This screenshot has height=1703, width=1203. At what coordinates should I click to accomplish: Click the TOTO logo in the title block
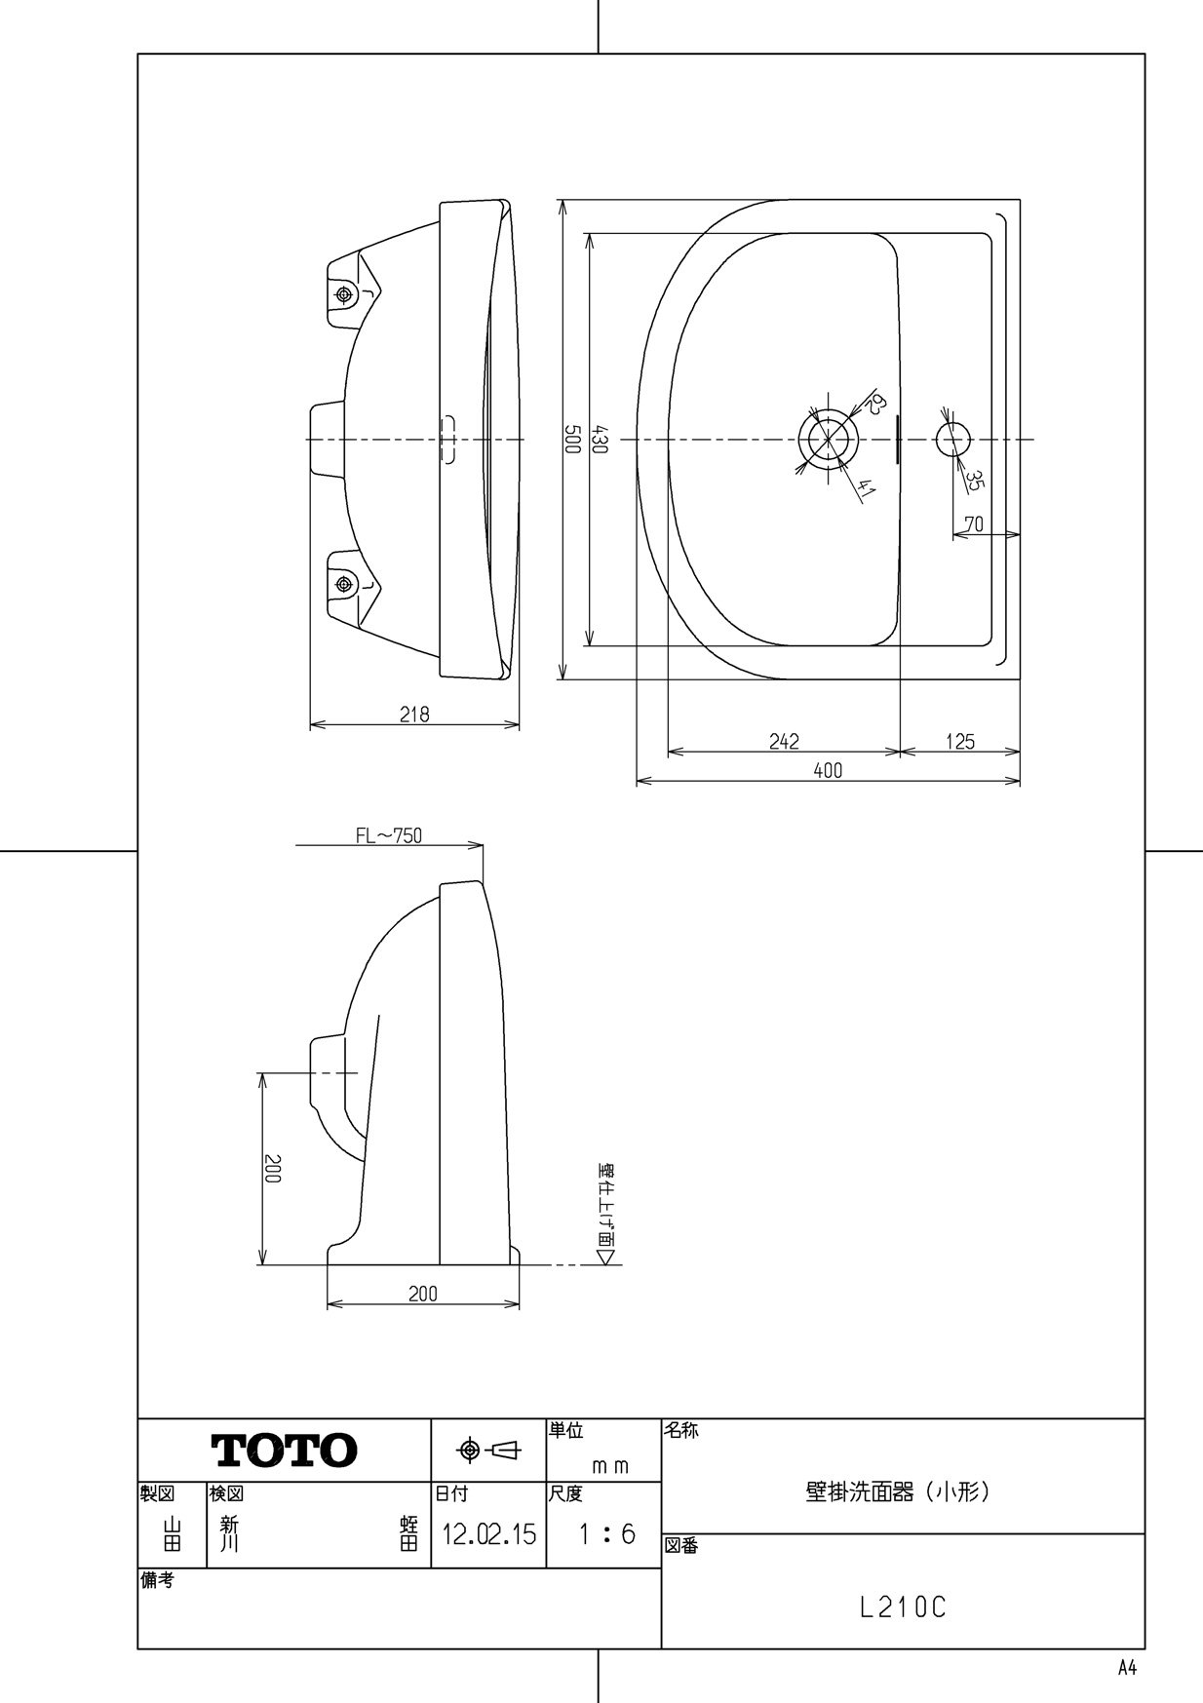(x=284, y=1451)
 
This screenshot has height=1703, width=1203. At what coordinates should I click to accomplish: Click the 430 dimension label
(x=601, y=440)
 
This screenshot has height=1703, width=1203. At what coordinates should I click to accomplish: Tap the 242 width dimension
(x=783, y=742)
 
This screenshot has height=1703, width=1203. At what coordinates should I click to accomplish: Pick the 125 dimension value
(x=959, y=742)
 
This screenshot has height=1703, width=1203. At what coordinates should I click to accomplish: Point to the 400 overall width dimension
(x=827, y=771)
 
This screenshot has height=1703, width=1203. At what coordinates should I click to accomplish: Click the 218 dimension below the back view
(x=414, y=715)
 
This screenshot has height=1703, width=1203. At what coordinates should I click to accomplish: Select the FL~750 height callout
(x=388, y=835)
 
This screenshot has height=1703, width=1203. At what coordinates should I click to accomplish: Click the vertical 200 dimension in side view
(x=274, y=1169)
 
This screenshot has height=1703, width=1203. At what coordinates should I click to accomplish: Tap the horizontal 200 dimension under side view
(x=422, y=1294)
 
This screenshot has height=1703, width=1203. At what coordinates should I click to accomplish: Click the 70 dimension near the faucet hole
(x=973, y=524)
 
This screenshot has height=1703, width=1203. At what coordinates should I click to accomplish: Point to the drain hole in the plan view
(x=828, y=439)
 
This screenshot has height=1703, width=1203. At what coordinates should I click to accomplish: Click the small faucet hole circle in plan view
(x=953, y=439)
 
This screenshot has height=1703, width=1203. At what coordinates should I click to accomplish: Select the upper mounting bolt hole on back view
(x=342, y=294)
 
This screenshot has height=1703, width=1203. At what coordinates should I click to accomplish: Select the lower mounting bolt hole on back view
(x=342, y=584)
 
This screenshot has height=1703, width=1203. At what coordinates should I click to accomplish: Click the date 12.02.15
(x=488, y=1535)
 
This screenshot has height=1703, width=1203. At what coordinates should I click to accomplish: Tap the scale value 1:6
(x=605, y=1535)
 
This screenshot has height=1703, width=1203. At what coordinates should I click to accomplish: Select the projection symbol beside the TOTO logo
(x=488, y=1451)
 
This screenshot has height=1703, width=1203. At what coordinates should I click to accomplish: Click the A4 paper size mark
(x=1127, y=1667)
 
